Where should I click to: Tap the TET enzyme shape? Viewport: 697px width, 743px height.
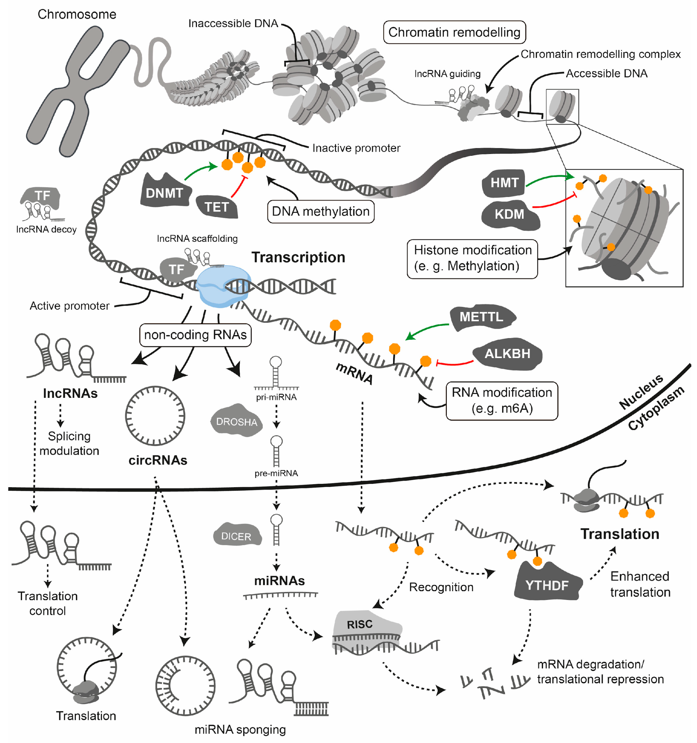[217, 207]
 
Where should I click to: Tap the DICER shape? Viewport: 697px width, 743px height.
[236, 536]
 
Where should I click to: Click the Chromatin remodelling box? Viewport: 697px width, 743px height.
[454, 32]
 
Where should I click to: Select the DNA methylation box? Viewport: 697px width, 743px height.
[320, 211]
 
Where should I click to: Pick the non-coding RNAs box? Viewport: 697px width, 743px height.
[195, 335]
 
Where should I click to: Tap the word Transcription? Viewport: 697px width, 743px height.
[298, 258]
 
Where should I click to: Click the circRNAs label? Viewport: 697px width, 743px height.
[158, 460]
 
